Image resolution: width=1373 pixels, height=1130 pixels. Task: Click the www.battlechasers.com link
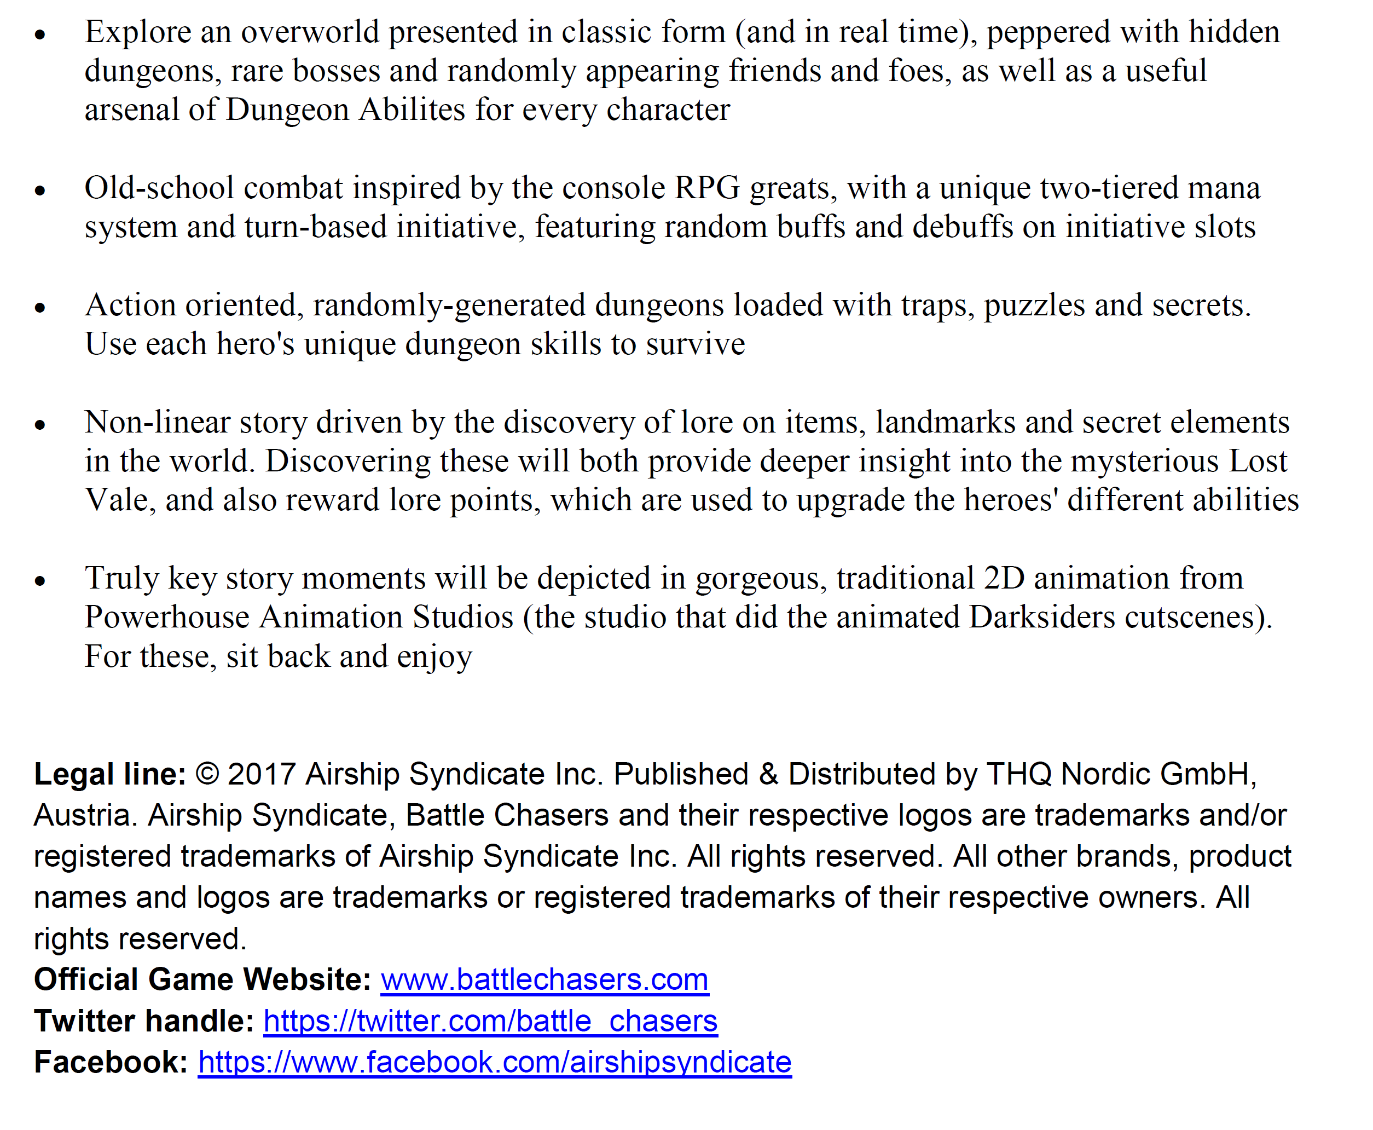coord(544,979)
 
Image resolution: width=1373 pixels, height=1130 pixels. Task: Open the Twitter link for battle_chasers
coord(490,1021)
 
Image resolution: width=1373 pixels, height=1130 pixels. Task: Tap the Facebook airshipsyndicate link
coord(495,1062)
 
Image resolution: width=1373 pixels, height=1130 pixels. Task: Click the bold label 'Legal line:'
coord(110,774)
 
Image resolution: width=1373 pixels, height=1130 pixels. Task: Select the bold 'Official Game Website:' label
coord(202,979)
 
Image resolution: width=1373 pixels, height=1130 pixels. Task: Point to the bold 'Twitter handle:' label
coord(144,1021)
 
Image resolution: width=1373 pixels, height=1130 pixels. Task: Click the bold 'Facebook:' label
coord(111,1062)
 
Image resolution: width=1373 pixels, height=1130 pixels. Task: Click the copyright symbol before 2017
coord(207,774)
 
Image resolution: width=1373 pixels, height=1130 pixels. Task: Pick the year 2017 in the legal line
coord(261,774)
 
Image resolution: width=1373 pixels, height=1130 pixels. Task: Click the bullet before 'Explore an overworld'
coord(40,34)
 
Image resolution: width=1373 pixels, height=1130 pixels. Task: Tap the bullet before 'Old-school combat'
coord(40,190)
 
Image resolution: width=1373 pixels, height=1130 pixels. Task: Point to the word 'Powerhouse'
coord(166,617)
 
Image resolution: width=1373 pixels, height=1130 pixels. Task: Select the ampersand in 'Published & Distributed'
coord(768,774)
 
